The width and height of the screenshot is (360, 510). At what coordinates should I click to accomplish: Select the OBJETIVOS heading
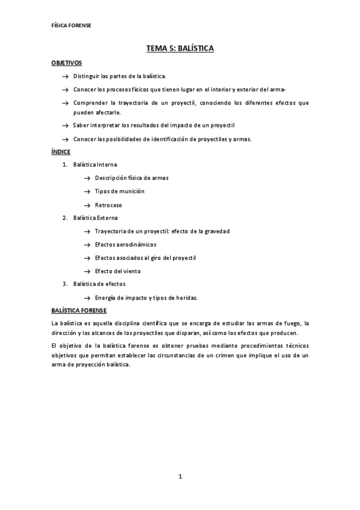click(x=66, y=63)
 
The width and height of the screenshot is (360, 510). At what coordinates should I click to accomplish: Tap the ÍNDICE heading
click(x=61, y=152)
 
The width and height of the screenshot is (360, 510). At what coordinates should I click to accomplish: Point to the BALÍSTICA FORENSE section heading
click(x=79, y=310)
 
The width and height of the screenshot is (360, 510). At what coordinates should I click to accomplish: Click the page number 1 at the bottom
click(x=180, y=477)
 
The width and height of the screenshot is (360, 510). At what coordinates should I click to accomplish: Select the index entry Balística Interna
click(x=95, y=164)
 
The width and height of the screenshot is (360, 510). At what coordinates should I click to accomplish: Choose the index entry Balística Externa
click(x=96, y=218)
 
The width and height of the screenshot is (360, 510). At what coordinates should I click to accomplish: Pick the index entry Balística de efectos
click(x=99, y=284)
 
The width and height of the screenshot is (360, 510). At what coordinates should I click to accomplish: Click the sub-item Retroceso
click(x=108, y=205)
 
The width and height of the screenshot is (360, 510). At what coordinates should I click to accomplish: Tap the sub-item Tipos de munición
click(x=120, y=191)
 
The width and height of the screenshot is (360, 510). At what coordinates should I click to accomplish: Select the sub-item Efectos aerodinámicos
click(x=126, y=244)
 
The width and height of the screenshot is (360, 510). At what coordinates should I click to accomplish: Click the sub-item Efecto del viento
click(x=118, y=271)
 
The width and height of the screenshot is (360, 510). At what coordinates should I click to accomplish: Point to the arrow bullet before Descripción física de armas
click(x=87, y=178)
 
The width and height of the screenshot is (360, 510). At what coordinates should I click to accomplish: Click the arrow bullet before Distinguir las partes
click(x=65, y=76)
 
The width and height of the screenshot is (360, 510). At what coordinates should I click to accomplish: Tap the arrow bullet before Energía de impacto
click(x=87, y=298)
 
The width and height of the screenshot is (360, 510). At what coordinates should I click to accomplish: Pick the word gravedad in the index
click(x=215, y=231)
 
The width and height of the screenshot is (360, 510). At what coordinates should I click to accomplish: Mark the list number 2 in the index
click(x=64, y=218)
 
